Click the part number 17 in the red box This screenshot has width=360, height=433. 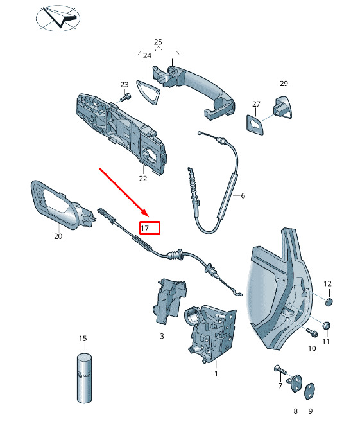145,228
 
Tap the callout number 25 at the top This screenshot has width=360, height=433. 158,42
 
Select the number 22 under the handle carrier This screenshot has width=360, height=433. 143,179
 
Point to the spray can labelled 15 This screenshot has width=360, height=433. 84,378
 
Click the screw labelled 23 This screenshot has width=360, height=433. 126,98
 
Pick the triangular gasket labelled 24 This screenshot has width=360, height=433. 148,93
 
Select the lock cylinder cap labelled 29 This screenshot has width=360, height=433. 282,107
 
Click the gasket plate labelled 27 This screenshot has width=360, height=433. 254,125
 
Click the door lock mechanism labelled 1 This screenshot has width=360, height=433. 211,333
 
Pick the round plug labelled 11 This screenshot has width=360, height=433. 327,325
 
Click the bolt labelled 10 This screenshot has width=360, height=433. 312,332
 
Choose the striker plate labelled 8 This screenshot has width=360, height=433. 295,384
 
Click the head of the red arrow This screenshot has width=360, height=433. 145,213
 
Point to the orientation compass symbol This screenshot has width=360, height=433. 58,18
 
